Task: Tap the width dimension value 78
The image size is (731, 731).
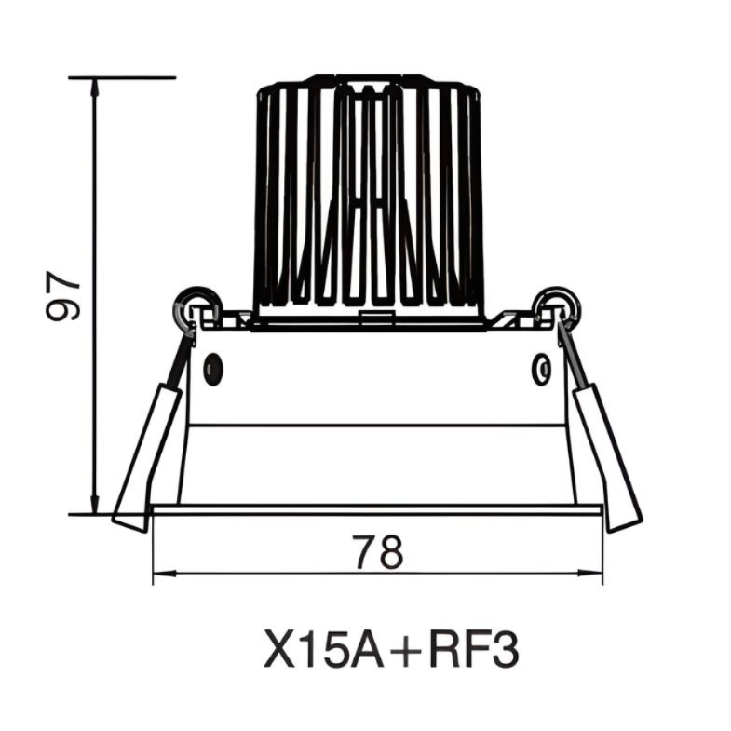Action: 377,552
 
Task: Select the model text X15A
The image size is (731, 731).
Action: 319,649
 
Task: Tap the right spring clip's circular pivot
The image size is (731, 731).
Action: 556,304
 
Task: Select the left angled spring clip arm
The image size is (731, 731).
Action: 149,456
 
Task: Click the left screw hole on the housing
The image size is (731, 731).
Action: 213,370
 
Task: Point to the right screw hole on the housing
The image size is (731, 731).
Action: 541,370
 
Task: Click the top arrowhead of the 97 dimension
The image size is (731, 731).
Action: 95,86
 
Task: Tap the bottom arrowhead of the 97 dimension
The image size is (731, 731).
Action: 95,504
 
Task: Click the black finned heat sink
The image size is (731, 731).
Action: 370,196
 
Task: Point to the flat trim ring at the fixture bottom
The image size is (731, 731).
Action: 376,509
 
